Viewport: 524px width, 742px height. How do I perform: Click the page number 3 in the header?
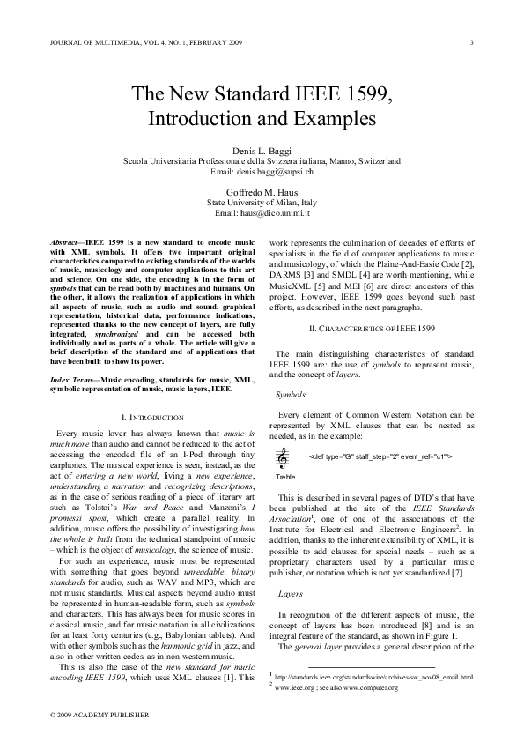473,42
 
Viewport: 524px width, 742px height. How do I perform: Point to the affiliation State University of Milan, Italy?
262,201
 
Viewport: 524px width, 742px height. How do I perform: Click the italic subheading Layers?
289,569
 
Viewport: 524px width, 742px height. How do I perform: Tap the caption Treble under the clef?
285,476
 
